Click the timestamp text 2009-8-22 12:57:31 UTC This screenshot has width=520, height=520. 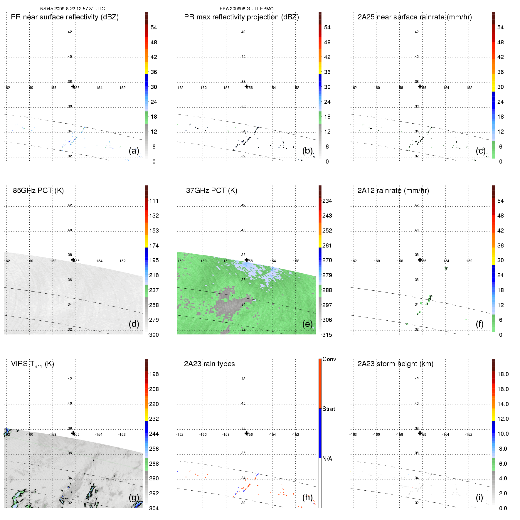click(x=79, y=9)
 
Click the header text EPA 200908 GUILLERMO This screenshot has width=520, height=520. click(x=247, y=9)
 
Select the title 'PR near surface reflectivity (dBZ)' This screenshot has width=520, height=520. click(x=65, y=17)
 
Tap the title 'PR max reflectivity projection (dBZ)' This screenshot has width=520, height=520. click(x=241, y=17)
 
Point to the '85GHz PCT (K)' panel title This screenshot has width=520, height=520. click(x=38, y=191)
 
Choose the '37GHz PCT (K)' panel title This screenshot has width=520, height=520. click(x=211, y=191)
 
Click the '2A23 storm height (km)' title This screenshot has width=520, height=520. click(x=395, y=364)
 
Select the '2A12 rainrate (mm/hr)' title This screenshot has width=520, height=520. click(x=393, y=191)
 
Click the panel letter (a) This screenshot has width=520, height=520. click(x=134, y=151)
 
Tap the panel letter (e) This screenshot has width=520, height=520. click(x=307, y=324)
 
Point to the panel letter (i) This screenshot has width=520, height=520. click(x=479, y=497)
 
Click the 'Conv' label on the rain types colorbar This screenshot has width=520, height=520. click(x=329, y=359)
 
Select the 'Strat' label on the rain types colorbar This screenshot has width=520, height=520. click(x=329, y=409)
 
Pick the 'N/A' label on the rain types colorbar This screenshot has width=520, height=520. click(x=327, y=459)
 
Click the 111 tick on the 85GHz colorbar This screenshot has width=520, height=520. click(x=154, y=201)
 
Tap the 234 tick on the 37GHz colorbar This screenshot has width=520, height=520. click(x=327, y=201)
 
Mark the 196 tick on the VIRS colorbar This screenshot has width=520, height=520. click(x=154, y=374)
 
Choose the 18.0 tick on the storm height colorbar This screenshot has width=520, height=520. click(x=503, y=374)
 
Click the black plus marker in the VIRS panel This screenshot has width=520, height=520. click(x=73, y=433)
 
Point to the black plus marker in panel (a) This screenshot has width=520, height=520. click(x=73, y=86)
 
